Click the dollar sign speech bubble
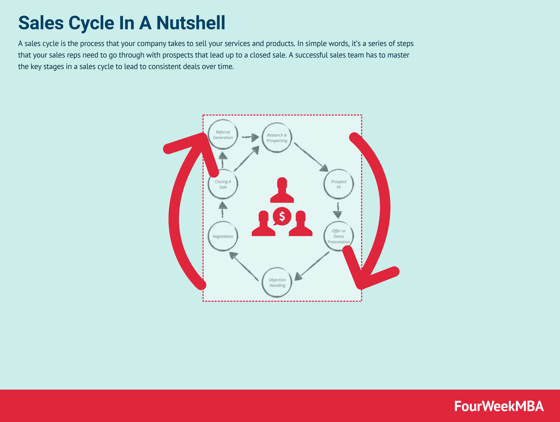pos(282,216)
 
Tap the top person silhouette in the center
pos(282,190)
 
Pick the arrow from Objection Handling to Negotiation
pos(244,266)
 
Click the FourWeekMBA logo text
pos(499,406)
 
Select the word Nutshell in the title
pos(191,23)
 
